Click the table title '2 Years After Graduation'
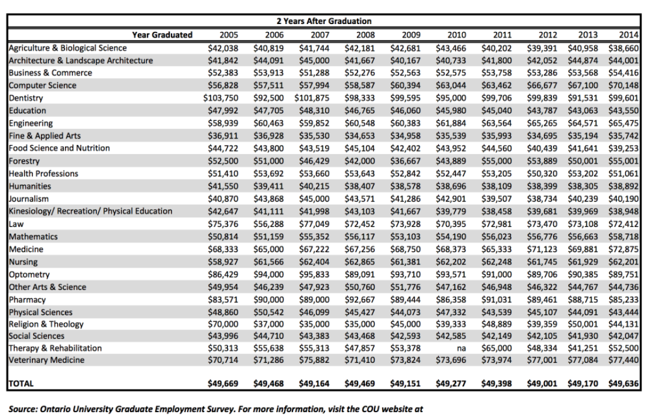(324, 21)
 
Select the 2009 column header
(411, 35)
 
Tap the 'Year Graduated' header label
(162, 35)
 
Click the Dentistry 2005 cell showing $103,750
(220, 98)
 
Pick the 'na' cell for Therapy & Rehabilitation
(461, 348)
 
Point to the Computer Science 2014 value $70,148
(623, 86)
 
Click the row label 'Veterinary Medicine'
(46, 360)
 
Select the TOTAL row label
(21, 384)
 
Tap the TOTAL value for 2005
(223, 384)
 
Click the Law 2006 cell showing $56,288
(268, 224)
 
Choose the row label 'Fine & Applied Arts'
(45, 136)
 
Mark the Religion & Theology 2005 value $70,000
(223, 324)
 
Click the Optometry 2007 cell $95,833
(314, 274)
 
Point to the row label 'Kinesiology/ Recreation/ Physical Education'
(90, 211)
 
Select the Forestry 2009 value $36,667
(406, 161)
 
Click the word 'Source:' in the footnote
(23, 409)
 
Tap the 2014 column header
(629, 35)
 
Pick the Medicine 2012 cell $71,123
(542, 250)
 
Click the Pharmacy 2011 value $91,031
(497, 300)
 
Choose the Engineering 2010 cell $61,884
(451, 124)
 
